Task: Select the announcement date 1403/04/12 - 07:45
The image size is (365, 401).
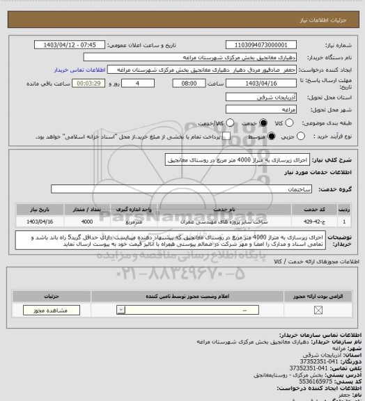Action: (x=77, y=45)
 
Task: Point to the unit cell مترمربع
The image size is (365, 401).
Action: (x=136, y=221)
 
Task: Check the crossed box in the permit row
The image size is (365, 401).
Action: (x=318, y=310)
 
